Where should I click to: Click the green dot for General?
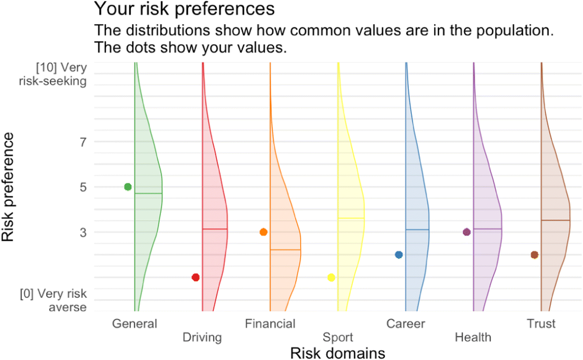[128, 187]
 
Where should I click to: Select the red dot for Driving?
[196, 277]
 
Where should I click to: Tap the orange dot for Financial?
[263, 232]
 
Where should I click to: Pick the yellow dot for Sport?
[331, 277]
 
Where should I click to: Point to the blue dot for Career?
[399, 255]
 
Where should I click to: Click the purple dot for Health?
[467, 232]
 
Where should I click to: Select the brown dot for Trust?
[535, 255]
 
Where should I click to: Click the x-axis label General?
[135, 324]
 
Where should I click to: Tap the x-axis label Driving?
[202, 337]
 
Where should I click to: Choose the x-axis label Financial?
[270, 324]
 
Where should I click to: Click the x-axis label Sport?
[338, 337]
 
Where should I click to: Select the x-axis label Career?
[406, 324]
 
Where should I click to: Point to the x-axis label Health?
[473, 337]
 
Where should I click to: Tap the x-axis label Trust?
[541, 324]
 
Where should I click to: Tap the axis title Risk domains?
[338, 353]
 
